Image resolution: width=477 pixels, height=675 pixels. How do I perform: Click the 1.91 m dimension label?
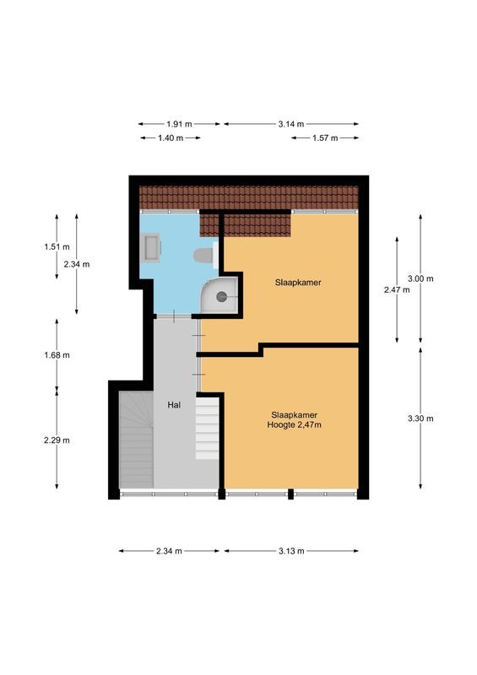[179, 123]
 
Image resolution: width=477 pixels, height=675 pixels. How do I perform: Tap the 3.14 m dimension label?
[291, 123]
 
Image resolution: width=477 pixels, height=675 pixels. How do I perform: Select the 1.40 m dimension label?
[170, 138]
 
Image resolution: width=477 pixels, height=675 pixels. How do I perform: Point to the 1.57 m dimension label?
[325, 138]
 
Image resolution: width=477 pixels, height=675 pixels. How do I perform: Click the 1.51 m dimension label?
[56, 246]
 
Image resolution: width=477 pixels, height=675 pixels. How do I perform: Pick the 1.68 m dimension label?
[56, 354]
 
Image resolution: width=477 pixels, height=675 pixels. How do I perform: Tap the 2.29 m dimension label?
[56, 440]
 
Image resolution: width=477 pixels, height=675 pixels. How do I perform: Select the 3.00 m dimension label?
[420, 278]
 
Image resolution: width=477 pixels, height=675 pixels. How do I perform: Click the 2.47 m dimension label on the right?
[396, 289]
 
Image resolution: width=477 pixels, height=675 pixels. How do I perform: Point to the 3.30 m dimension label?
[420, 418]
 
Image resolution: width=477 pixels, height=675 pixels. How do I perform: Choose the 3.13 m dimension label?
[291, 551]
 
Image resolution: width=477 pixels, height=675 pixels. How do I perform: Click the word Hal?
[175, 405]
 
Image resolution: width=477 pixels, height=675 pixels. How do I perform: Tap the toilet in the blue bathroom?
[203, 255]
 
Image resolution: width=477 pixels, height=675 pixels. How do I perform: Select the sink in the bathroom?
[152, 247]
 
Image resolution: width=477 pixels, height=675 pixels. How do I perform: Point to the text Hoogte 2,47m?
[296, 425]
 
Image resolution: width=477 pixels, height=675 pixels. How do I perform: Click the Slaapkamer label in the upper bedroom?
[296, 283]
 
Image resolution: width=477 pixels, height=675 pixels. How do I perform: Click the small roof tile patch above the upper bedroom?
[257, 225]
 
